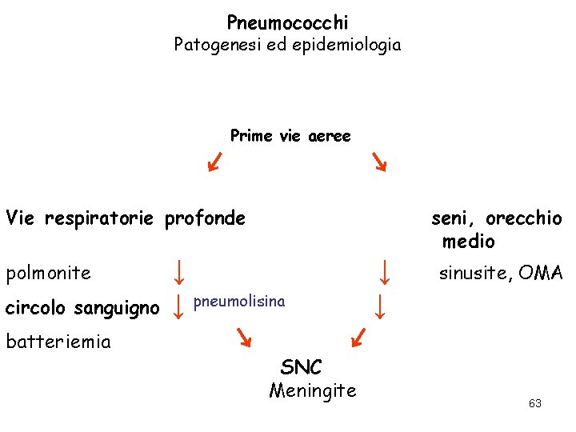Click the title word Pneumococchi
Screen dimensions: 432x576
click(x=287, y=23)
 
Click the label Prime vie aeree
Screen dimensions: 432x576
click(x=290, y=136)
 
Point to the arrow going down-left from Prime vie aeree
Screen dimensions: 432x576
click(x=214, y=162)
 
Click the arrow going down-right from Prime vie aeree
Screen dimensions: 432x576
click(x=379, y=162)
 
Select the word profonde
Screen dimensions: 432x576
click(x=205, y=218)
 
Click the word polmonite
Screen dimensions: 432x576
click(x=48, y=274)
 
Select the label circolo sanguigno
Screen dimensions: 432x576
click(x=82, y=307)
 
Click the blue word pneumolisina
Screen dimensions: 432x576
click(x=240, y=302)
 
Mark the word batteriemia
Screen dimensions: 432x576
click(x=58, y=342)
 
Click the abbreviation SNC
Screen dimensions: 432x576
click(x=301, y=367)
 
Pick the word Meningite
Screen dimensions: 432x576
click(x=313, y=390)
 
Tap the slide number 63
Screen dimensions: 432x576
click(x=535, y=403)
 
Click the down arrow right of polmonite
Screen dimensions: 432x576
click(x=181, y=272)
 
